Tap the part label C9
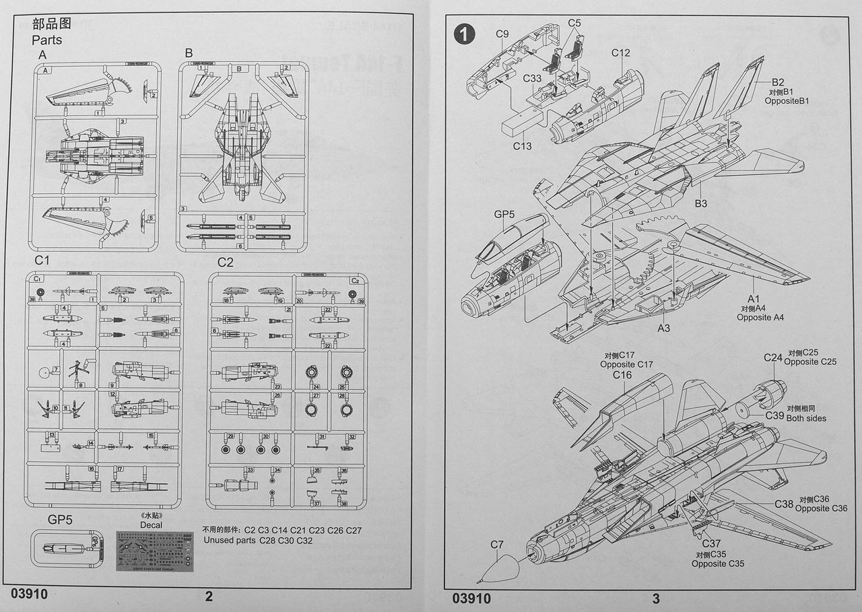pos(502,34)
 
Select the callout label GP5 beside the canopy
pos(504,215)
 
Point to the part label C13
pos(522,146)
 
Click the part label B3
pos(700,203)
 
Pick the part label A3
pos(664,328)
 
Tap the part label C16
pos(622,375)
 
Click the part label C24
pos(772,358)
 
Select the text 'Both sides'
pos(806,418)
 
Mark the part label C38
pos(784,504)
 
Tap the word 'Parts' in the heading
pos(46,40)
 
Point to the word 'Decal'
pos(151,525)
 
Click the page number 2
pos(209,597)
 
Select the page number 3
pos(656,598)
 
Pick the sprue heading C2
pos(225,262)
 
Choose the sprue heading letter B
pos(189,53)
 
